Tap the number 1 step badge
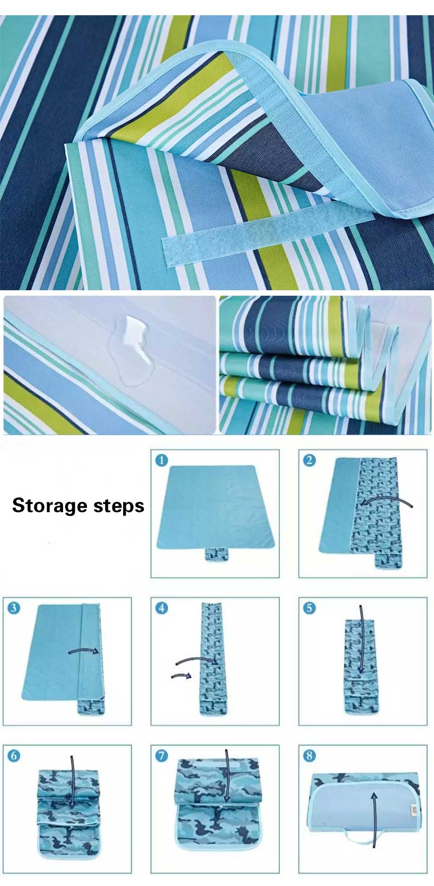pyautogui.click(x=161, y=461)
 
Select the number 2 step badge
pyautogui.click(x=309, y=461)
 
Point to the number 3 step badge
pyautogui.click(x=13, y=608)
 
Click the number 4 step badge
pyautogui.click(x=161, y=608)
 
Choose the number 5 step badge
pyautogui.click(x=309, y=608)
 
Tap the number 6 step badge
pyautogui.click(x=13, y=756)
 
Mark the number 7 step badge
pyautogui.click(x=161, y=756)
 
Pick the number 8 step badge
pyautogui.click(x=309, y=756)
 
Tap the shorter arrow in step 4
pyautogui.click(x=181, y=676)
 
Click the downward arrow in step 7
pyautogui.click(x=227, y=776)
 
